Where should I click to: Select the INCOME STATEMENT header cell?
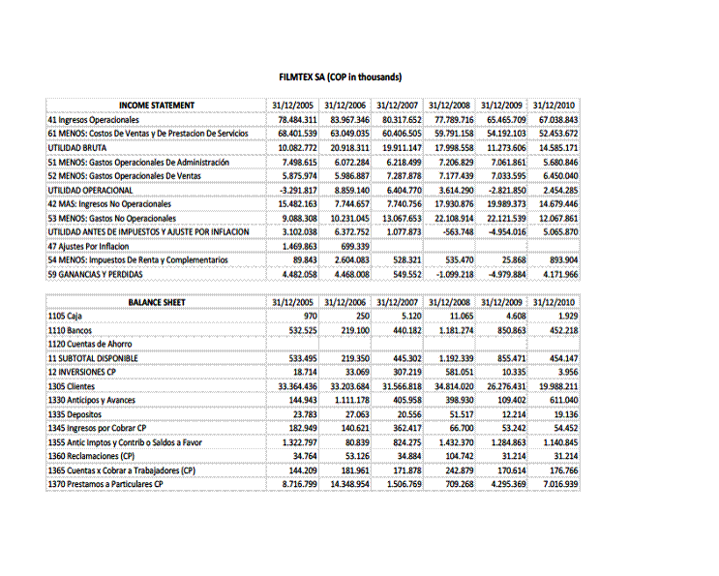(157, 106)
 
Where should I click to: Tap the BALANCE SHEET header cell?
(157, 303)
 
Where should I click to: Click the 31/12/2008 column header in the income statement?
(449, 106)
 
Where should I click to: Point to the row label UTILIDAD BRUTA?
(77, 148)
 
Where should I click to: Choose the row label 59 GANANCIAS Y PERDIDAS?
(94, 274)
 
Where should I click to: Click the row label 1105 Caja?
(64, 317)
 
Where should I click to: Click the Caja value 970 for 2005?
(310, 317)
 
